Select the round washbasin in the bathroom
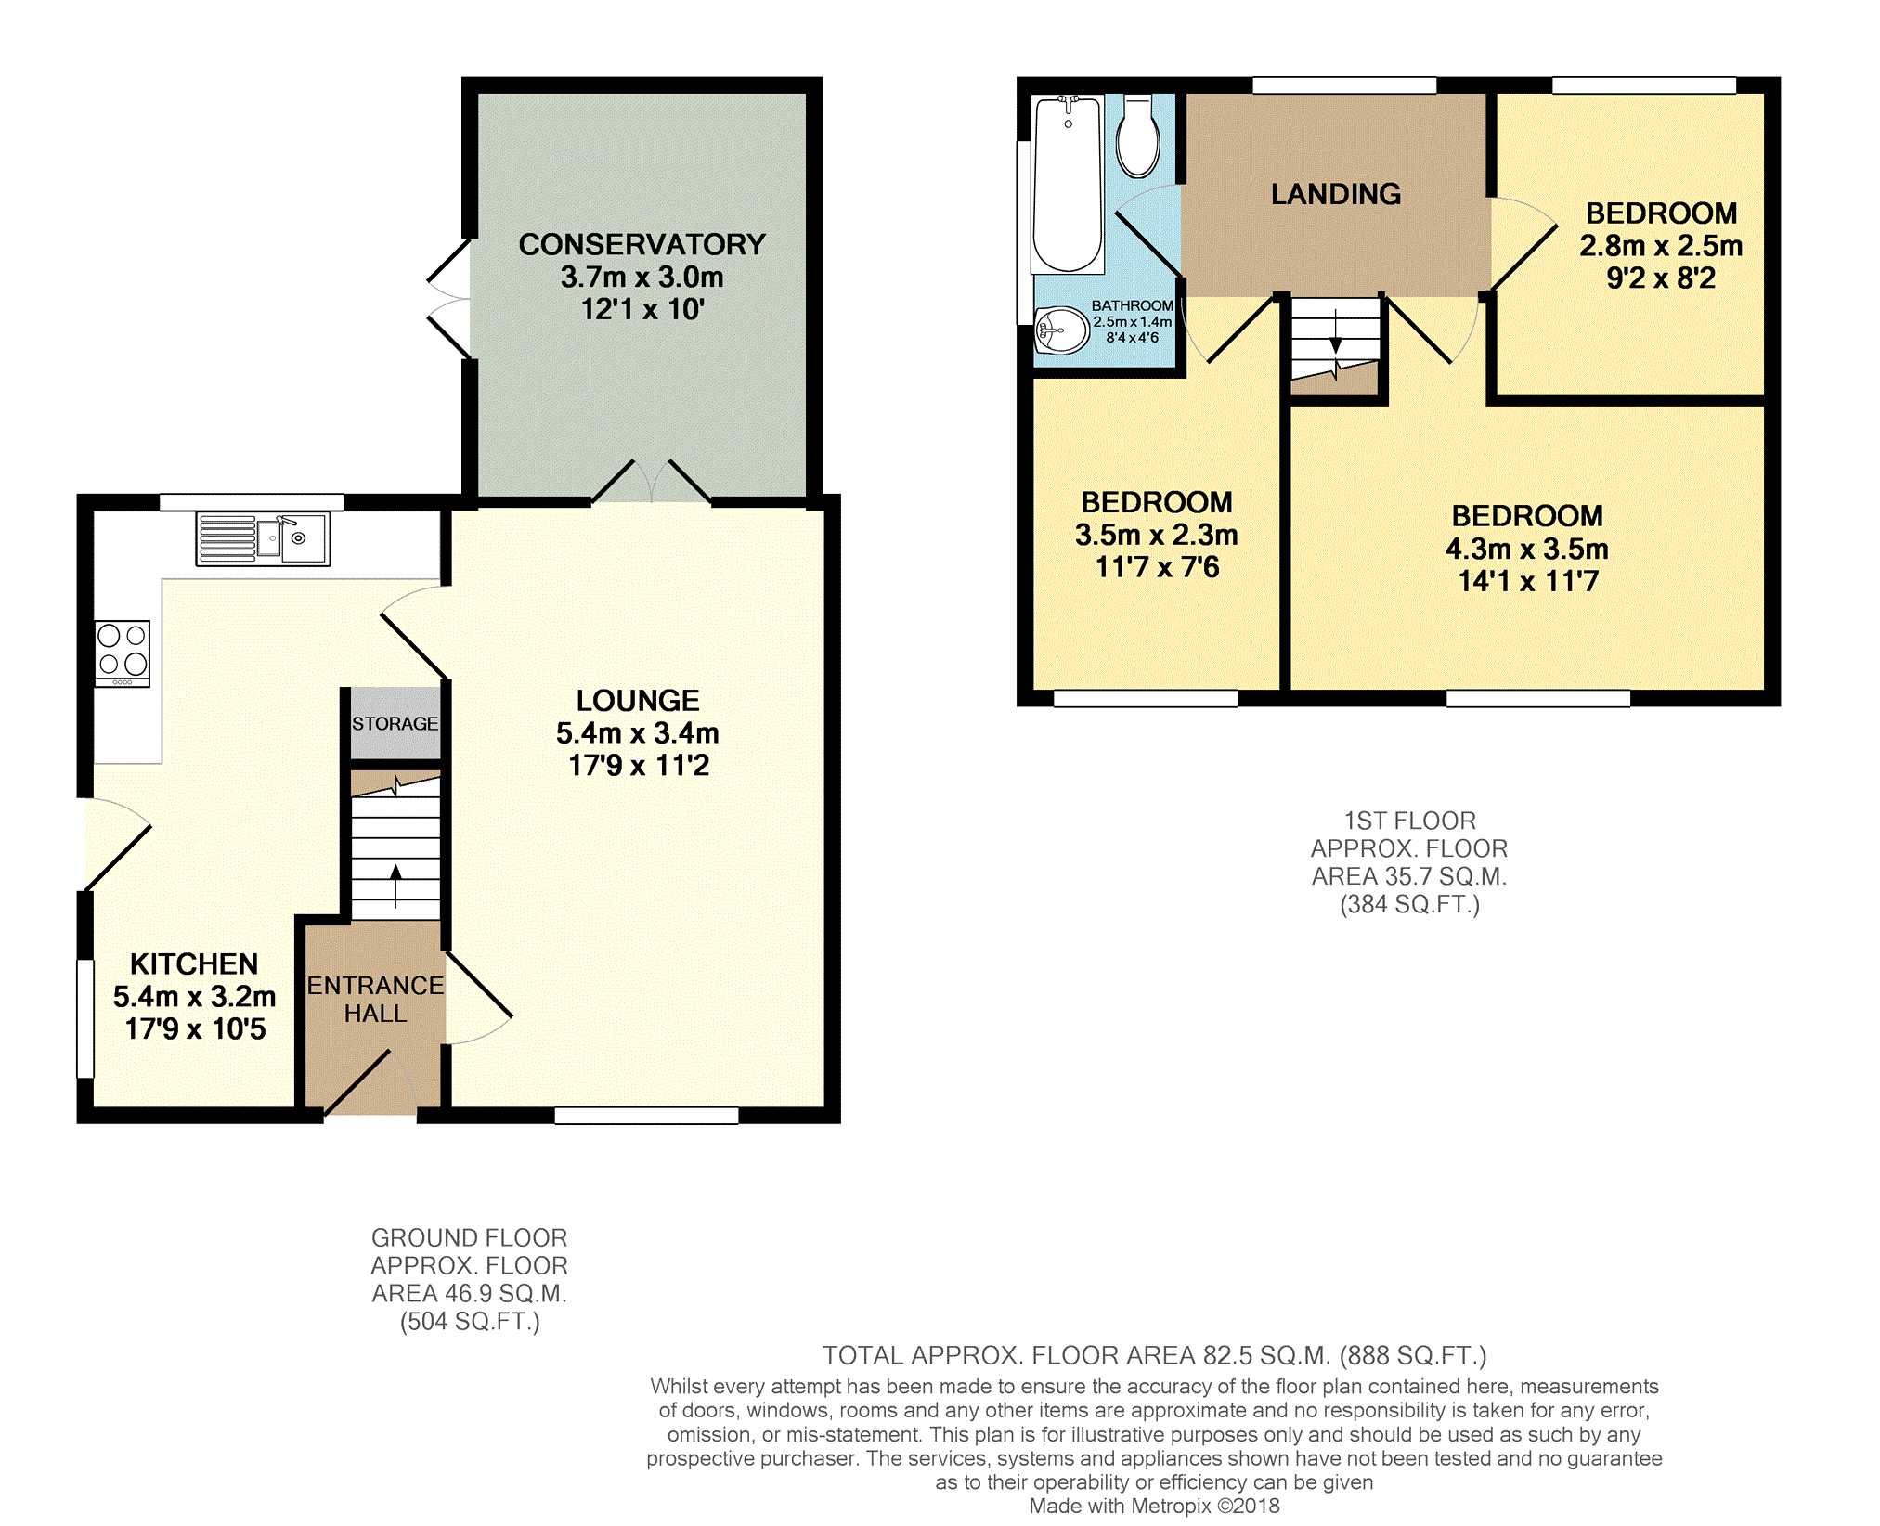1061,330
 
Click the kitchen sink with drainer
262,538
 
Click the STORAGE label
395,723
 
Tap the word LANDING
1336,194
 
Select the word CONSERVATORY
642,244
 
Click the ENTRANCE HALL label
375,999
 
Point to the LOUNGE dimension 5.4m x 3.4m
638,733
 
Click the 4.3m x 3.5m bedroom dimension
1527,549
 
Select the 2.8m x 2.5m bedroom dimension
1661,246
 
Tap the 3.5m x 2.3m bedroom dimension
1157,535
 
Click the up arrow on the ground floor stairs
395,886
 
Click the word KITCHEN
194,963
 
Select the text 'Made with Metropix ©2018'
1154,1506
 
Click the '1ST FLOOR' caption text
1409,821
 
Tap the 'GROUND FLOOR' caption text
469,1237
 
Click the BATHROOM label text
1133,305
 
